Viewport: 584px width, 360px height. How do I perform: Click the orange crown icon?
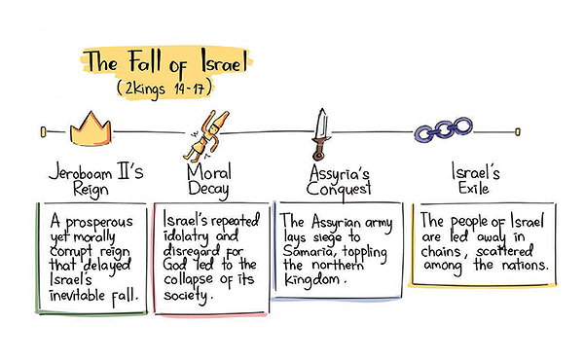click(91, 130)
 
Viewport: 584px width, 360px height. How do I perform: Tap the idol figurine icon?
click(206, 136)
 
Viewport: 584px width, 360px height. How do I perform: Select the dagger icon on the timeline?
click(320, 134)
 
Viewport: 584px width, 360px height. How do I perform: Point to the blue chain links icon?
click(443, 129)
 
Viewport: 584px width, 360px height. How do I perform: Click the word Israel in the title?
click(224, 62)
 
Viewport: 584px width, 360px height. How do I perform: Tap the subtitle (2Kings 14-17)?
click(164, 89)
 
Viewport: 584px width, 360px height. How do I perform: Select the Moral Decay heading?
click(208, 180)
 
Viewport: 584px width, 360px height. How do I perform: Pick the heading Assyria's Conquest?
click(339, 182)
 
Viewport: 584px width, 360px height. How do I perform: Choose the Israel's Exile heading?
click(475, 178)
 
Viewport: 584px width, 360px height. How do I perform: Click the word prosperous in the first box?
click(99, 223)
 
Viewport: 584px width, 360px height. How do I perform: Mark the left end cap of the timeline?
click(43, 131)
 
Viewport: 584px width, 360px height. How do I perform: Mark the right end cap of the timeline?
click(518, 131)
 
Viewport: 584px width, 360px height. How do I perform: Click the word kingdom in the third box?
click(311, 280)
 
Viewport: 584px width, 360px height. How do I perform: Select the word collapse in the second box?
click(188, 280)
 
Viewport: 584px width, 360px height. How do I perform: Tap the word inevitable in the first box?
click(78, 296)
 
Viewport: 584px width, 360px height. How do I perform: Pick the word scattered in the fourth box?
click(504, 252)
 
